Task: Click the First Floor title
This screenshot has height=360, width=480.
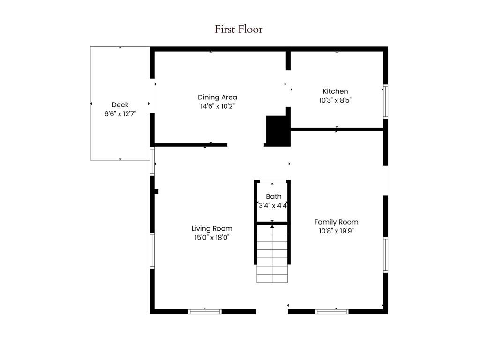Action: [x=239, y=29]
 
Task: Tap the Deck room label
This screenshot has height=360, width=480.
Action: [x=120, y=105]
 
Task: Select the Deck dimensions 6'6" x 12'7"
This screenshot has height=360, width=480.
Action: [x=120, y=113]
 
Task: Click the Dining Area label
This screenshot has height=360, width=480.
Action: [x=217, y=97]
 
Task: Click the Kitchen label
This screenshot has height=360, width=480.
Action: [x=335, y=91]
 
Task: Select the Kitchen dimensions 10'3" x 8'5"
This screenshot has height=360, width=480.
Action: [x=335, y=100]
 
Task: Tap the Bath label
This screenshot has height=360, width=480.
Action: [x=274, y=196]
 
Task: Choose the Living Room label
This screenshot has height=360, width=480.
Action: [x=212, y=229]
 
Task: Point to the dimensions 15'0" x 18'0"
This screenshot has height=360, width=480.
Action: [x=212, y=237]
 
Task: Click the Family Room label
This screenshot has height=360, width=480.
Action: [x=336, y=222]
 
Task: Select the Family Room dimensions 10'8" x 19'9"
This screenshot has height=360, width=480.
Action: [x=336, y=231]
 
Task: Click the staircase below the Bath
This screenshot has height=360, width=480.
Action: [x=272, y=253]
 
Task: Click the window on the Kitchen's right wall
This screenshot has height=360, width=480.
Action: [x=385, y=101]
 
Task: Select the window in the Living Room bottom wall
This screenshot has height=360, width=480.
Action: [x=205, y=311]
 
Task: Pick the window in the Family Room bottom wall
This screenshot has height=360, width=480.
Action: [x=332, y=311]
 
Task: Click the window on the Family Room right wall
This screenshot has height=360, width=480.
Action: [x=385, y=255]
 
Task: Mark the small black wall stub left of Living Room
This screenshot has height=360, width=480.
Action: [x=157, y=191]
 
